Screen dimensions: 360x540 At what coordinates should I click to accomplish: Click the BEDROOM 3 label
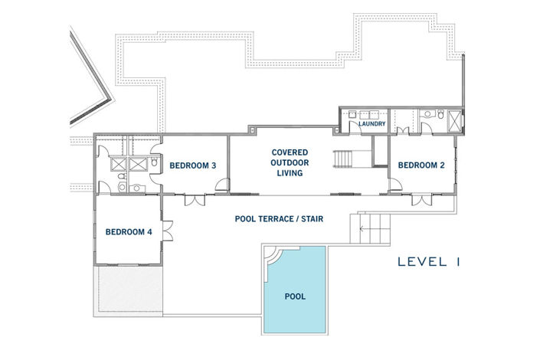click(192, 165)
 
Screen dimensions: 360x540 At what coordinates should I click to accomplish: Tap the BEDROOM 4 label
click(129, 232)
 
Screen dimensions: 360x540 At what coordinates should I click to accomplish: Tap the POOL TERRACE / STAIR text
click(279, 219)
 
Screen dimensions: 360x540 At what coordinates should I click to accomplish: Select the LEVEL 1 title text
click(428, 262)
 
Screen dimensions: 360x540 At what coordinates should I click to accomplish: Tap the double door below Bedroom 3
click(196, 200)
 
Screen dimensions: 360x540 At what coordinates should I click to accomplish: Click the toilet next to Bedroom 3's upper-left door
click(154, 162)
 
